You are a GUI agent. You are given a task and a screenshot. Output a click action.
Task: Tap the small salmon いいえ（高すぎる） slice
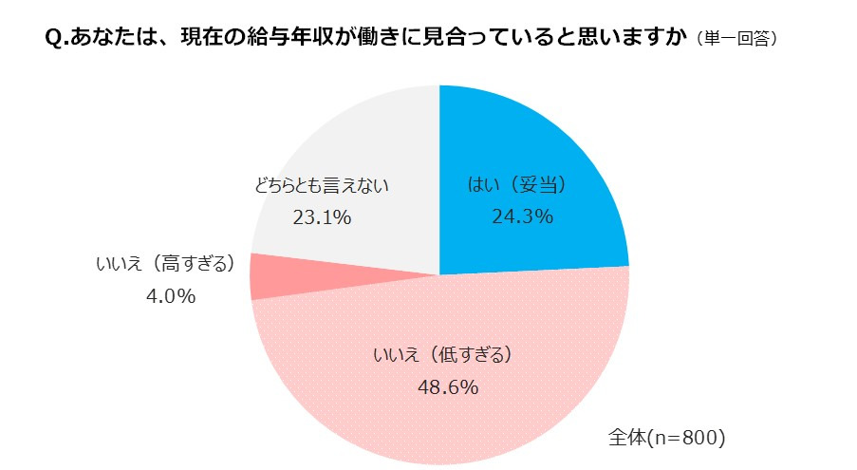point(266,276)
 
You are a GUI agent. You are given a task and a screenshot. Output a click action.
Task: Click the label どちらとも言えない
point(322,185)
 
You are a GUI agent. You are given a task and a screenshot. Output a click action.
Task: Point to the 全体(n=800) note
point(666,438)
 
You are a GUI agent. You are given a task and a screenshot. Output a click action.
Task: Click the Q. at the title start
point(56,39)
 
